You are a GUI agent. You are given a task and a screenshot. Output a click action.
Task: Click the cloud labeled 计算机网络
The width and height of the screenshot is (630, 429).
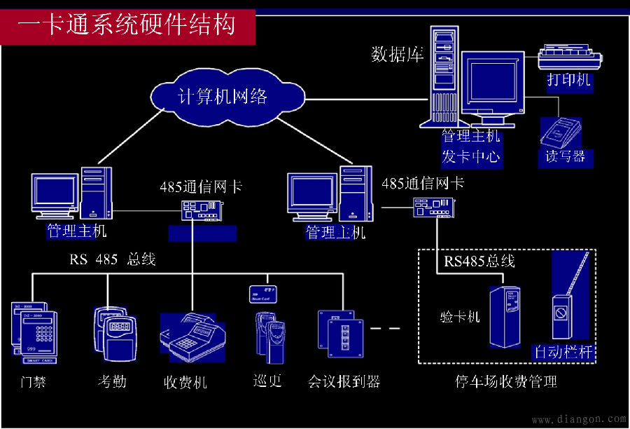222,97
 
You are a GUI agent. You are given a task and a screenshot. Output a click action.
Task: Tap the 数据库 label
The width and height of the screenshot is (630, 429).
397,55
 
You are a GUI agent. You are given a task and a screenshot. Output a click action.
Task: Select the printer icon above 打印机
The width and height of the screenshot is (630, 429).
569,57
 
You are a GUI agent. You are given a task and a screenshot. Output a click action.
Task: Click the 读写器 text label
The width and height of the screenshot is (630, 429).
565,156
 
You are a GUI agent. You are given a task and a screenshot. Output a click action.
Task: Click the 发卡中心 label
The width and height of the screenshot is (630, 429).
471,156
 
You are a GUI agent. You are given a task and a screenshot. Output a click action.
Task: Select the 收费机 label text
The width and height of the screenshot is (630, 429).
185,383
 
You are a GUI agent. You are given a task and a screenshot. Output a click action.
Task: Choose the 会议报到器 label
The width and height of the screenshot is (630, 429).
344,381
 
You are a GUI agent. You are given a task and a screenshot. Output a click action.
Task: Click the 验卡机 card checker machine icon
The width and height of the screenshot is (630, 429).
506,317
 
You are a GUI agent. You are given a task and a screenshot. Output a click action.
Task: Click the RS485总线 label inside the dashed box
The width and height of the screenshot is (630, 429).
479,261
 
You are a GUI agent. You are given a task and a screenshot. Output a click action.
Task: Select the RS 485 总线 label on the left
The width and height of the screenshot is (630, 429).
112,259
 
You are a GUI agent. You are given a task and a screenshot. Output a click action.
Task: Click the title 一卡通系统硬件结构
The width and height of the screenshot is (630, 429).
127,25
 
